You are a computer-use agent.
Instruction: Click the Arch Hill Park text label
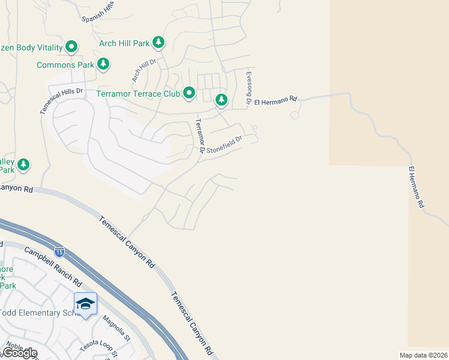[x=125, y=43]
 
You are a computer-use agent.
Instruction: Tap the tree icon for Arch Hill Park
[x=158, y=42]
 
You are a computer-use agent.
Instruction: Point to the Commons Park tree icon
[x=103, y=63]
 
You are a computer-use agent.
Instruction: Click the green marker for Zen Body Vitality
[x=71, y=46]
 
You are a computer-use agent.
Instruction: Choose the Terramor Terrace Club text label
[x=138, y=94]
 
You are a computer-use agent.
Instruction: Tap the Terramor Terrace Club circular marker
[x=189, y=92]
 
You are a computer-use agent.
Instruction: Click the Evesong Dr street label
[x=248, y=88]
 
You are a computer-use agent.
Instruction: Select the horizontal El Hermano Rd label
[x=276, y=101]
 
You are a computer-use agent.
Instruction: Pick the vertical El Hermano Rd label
[x=417, y=187]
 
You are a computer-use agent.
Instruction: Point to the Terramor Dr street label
[x=199, y=134]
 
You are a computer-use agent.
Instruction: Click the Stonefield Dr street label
[x=224, y=145]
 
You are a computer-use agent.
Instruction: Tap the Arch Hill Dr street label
[x=143, y=71]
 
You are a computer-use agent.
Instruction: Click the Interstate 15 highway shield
[x=59, y=251]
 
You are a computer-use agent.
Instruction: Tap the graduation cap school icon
[x=85, y=304]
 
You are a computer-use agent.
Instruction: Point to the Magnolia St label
[x=116, y=328]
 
